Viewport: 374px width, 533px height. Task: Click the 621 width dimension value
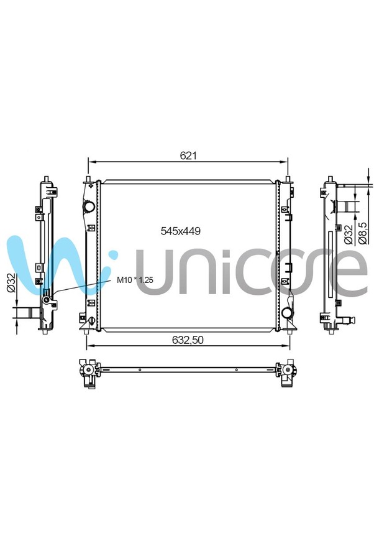click(188, 155)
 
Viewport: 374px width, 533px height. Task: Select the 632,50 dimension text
click(188, 340)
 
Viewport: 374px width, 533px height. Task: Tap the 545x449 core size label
click(180, 231)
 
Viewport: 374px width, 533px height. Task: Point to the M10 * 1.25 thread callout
click(135, 280)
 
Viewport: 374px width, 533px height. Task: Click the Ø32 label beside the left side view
click(11, 282)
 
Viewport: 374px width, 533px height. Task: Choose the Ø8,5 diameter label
click(362, 233)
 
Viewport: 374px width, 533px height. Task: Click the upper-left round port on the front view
click(89, 206)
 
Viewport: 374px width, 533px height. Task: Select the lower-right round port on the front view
click(286, 312)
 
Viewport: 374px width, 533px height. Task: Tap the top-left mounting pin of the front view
click(88, 178)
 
